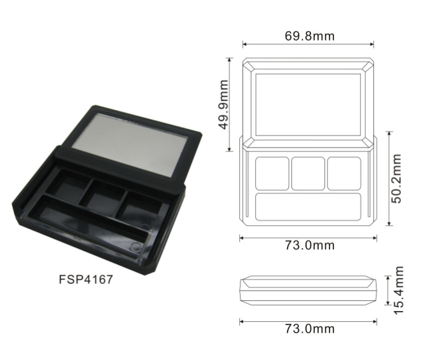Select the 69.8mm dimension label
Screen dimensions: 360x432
coord(309,36)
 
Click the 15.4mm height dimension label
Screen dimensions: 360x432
coord(398,289)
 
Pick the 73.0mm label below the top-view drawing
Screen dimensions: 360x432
coord(309,246)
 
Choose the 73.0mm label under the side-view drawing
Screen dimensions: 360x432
coord(309,329)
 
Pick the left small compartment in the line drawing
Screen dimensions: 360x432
coord(272,173)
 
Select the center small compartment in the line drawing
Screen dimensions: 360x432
coord(308,173)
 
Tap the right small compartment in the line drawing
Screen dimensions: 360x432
coord(344,173)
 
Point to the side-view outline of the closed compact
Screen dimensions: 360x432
coord(308,289)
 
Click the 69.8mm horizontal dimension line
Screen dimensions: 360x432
coord(308,45)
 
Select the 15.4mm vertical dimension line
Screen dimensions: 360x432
coord(387,289)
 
